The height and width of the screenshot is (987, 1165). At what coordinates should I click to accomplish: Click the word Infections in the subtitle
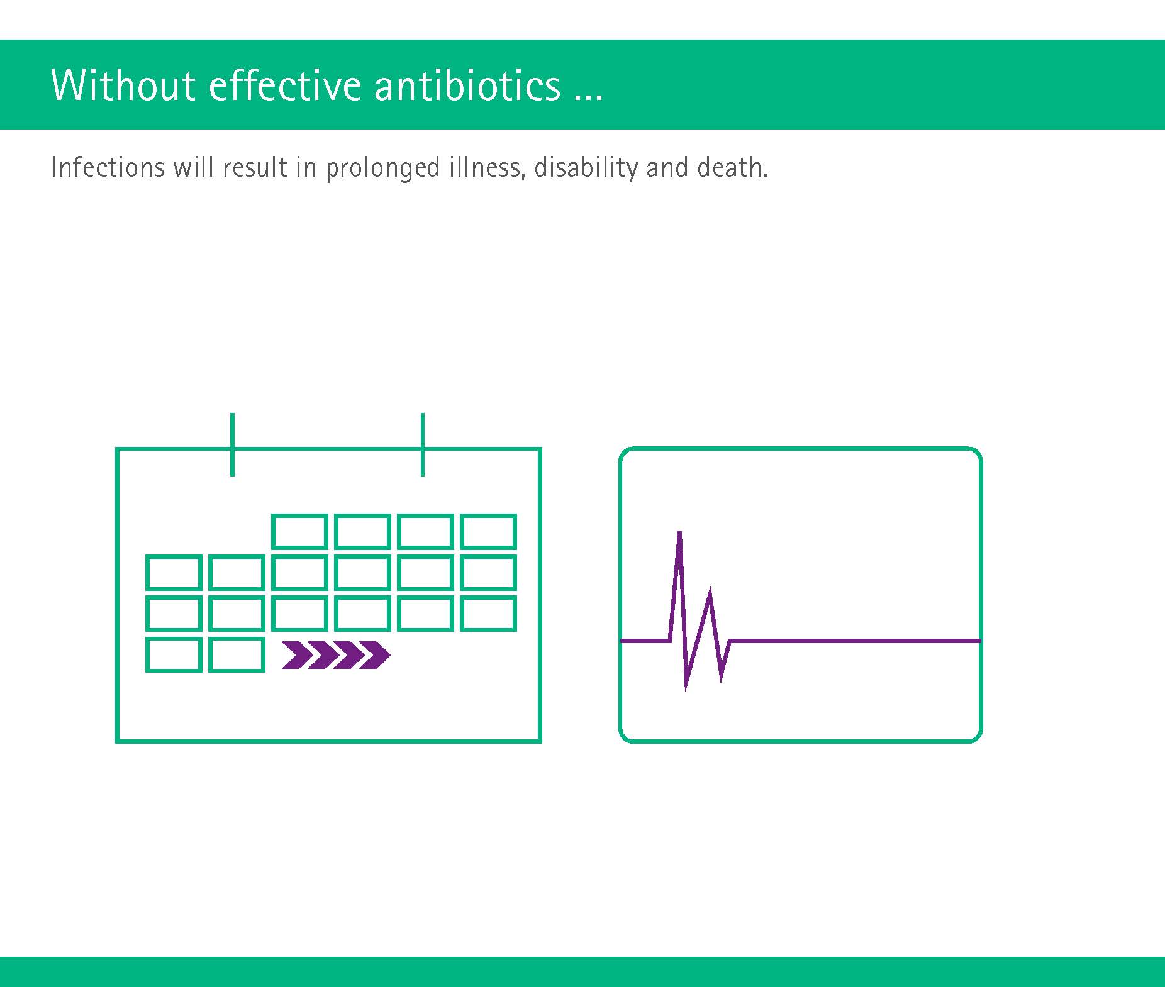(x=108, y=167)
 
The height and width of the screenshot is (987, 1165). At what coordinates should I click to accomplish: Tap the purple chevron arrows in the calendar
(x=336, y=655)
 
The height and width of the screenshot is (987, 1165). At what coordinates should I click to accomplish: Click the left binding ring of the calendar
(x=233, y=444)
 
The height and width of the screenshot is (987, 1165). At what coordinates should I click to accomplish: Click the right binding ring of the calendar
(x=423, y=444)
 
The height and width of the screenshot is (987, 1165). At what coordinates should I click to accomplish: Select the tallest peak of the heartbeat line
(x=679, y=532)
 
